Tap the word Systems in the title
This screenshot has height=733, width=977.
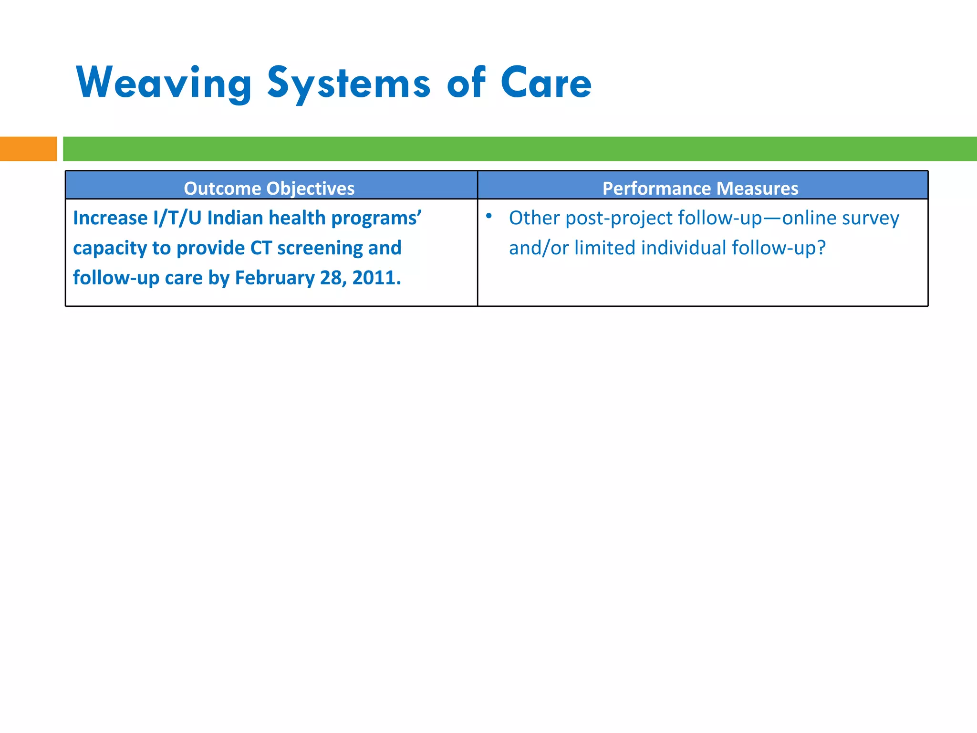[x=348, y=84]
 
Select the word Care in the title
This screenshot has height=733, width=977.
[x=546, y=84]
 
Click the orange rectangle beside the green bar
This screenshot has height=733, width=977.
[x=28, y=149]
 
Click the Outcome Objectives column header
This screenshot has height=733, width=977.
[x=269, y=188]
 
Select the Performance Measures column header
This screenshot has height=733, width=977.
[x=700, y=188]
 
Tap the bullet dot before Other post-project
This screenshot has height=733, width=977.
[x=488, y=216]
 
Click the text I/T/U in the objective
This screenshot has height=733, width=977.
[x=177, y=218]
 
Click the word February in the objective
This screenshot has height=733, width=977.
[x=274, y=278]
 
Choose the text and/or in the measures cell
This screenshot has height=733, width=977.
[x=539, y=248]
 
